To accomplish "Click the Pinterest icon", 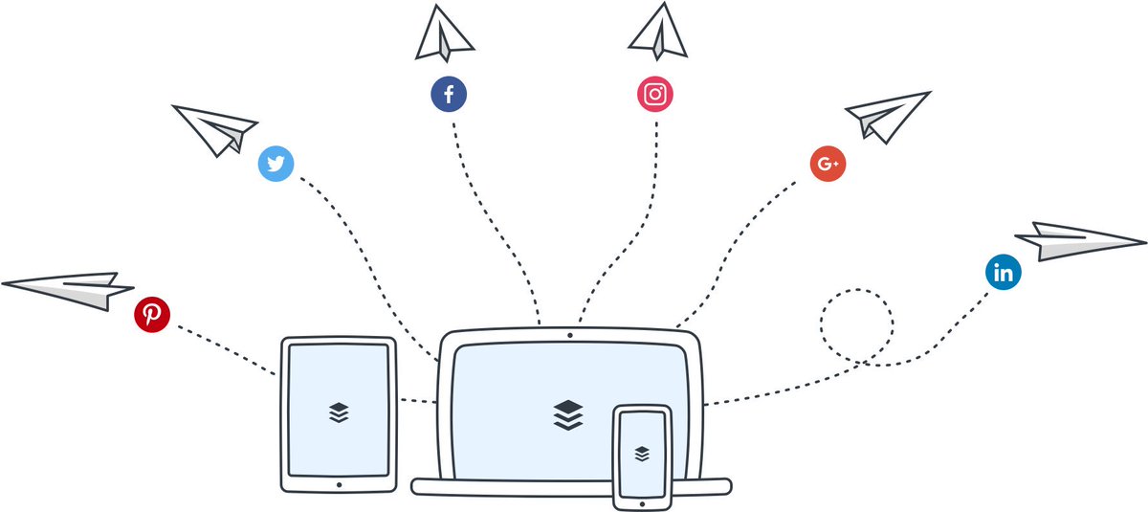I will [x=152, y=314].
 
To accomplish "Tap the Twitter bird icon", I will [x=276, y=165].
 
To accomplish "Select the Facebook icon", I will [x=448, y=95].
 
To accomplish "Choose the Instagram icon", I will [x=655, y=94].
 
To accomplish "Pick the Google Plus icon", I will [x=828, y=164].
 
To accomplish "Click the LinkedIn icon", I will [x=1004, y=274].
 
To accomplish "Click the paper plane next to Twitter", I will [x=215, y=128].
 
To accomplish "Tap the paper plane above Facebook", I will [x=443, y=35].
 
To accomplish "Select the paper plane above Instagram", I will [x=659, y=31].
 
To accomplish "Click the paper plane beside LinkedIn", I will [x=1076, y=241].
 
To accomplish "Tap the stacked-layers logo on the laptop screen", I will [x=567, y=414].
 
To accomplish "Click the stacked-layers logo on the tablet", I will [x=339, y=412].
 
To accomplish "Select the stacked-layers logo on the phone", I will [x=642, y=452].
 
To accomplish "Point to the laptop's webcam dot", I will [x=570, y=336].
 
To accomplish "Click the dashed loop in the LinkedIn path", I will [x=856, y=325].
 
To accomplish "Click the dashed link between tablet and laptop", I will [x=418, y=400].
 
